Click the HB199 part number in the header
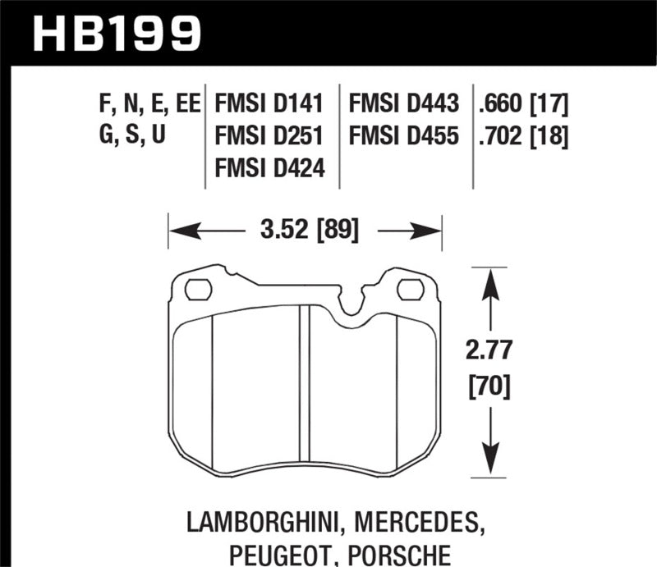coord(116,33)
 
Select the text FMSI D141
coord(269,104)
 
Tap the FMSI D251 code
coord(269,135)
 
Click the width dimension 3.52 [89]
coord(305,231)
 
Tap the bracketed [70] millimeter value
coord(490,384)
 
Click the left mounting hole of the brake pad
coord(198,290)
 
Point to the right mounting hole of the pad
coord(411,290)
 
